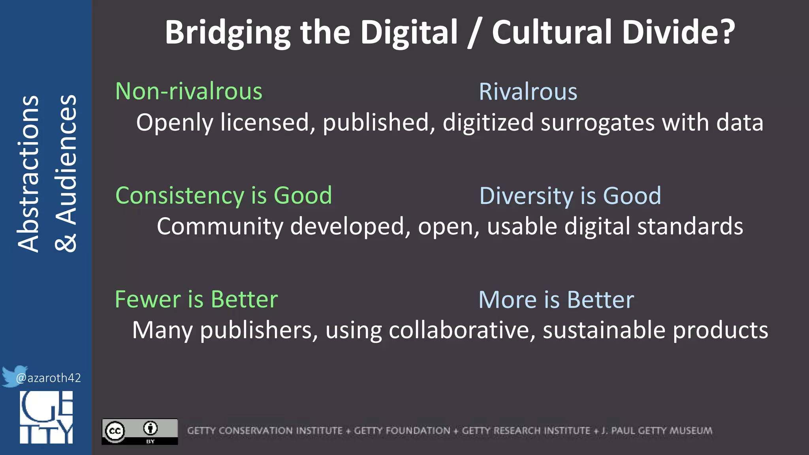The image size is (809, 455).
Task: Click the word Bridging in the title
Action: click(x=228, y=33)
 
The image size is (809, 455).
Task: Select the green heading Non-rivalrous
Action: click(x=189, y=92)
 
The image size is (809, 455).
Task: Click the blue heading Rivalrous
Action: click(x=528, y=92)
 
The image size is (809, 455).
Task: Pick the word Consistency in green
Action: click(x=180, y=196)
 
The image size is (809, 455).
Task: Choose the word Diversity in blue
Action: click(x=526, y=196)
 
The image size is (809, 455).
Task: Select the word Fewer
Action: click(x=148, y=299)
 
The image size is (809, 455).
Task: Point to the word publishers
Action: click(x=259, y=330)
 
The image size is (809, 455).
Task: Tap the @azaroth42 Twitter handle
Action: click(x=49, y=378)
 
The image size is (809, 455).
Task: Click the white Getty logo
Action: click(x=46, y=417)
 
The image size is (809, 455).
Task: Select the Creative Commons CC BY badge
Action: click(x=139, y=431)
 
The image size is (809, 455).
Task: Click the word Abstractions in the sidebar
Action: click(x=28, y=174)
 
